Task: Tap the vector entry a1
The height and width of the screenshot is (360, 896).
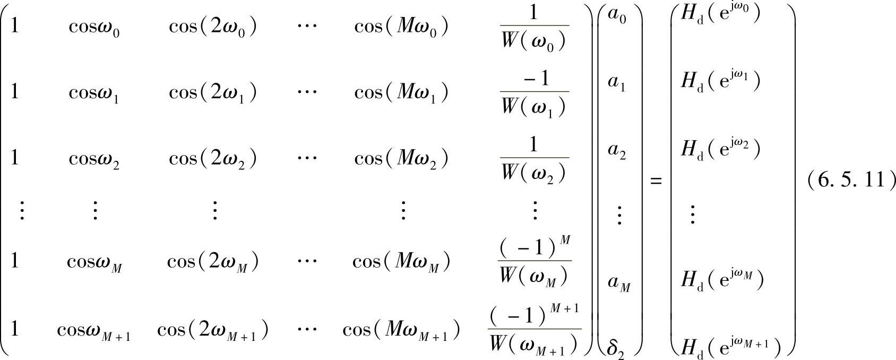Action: (617, 83)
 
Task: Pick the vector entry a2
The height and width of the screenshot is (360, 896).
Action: (617, 151)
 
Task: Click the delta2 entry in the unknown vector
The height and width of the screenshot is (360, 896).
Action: (617, 349)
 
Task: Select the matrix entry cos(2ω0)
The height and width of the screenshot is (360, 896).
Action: (213, 27)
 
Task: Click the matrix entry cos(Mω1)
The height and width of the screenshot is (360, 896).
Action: (401, 93)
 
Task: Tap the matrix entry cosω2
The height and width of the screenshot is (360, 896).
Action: (94, 158)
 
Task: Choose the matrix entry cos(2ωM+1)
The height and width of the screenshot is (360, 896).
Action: (212, 331)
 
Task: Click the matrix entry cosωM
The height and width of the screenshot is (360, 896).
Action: (94, 262)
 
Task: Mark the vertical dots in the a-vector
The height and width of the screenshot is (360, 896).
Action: (618, 216)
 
